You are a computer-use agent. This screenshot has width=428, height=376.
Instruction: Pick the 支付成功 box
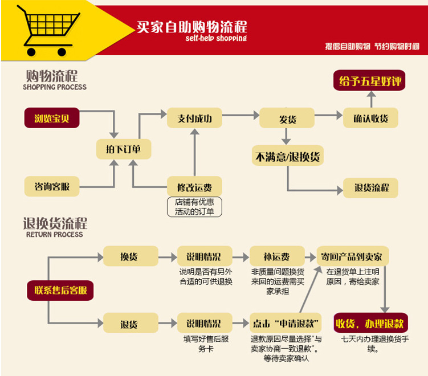194,118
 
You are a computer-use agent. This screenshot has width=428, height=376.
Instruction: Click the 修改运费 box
194,186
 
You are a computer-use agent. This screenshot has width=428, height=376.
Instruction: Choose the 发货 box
287,118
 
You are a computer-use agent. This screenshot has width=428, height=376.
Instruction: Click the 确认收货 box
370,118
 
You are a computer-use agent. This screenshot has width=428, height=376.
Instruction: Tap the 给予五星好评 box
370,81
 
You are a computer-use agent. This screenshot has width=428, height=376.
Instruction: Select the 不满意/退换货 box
288,156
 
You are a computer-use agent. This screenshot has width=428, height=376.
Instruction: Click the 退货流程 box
371,187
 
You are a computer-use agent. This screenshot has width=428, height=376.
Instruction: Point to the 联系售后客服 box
60,290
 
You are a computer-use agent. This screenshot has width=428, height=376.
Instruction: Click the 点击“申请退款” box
286,324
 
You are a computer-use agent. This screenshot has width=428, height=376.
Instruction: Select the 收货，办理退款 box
370,324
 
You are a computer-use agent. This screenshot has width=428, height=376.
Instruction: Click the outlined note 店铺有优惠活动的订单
194,207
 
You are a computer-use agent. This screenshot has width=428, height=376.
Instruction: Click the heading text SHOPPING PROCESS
55,87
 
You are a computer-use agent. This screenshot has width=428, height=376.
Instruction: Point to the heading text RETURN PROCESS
55,234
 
